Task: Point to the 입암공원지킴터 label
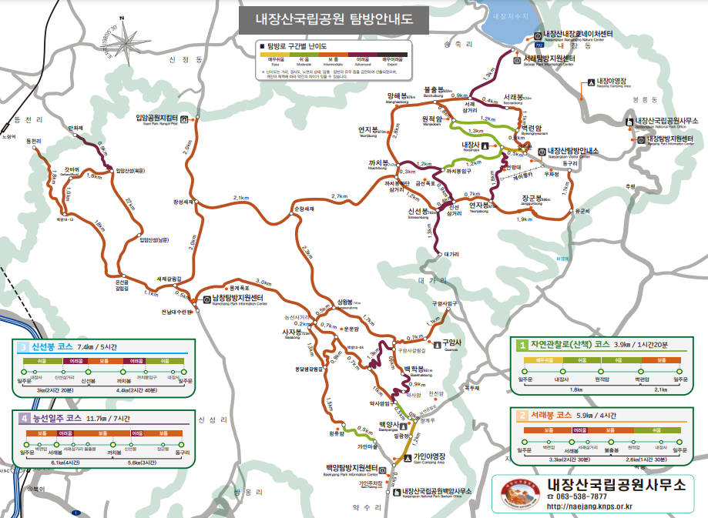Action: click(x=157, y=118)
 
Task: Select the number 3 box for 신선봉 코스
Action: click(x=23, y=346)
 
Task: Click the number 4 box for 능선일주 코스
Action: click(x=23, y=418)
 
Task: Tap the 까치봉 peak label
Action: click(x=377, y=164)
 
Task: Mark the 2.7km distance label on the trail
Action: click(x=339, y=197)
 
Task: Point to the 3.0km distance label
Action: click(x=263, y=282)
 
